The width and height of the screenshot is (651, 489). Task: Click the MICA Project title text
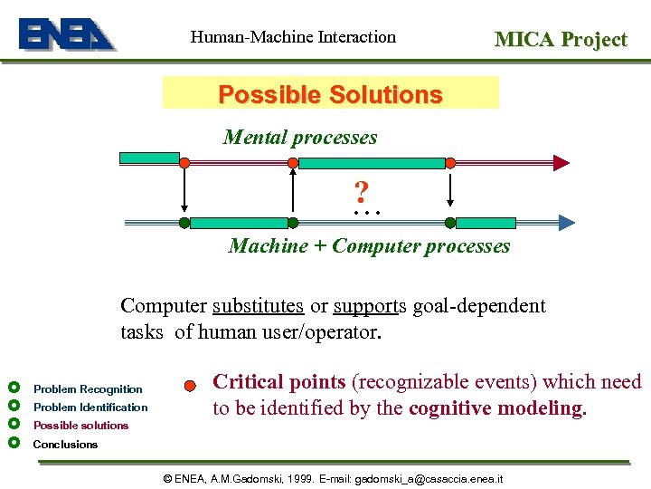tap(560, 39)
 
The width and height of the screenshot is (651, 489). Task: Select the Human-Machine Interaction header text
tap(293, 37)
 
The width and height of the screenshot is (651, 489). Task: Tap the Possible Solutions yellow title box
tap(330, 94)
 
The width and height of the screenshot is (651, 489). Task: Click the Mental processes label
tap(300, 138)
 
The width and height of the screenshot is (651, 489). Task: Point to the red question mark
tap(361, 192)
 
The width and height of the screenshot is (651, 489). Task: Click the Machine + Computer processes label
tap(369, 246)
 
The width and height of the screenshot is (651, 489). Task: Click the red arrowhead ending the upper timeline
tap(561, 163)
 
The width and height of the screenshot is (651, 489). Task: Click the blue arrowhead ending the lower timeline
tap(566, 222)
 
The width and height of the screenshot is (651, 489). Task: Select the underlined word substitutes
tap(258, 306)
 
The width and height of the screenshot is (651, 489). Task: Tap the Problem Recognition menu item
tap(88, 388)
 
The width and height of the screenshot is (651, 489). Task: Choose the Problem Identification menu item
tap(90, 407)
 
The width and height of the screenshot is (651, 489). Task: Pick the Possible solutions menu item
tap(80, 425)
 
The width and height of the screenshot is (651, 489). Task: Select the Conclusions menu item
tap(65, 444)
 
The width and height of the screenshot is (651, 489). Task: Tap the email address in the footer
tap(429, 477)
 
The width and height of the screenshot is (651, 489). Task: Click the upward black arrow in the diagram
tap(292, 191)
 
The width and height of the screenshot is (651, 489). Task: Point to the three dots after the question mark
tap(368, 212)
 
